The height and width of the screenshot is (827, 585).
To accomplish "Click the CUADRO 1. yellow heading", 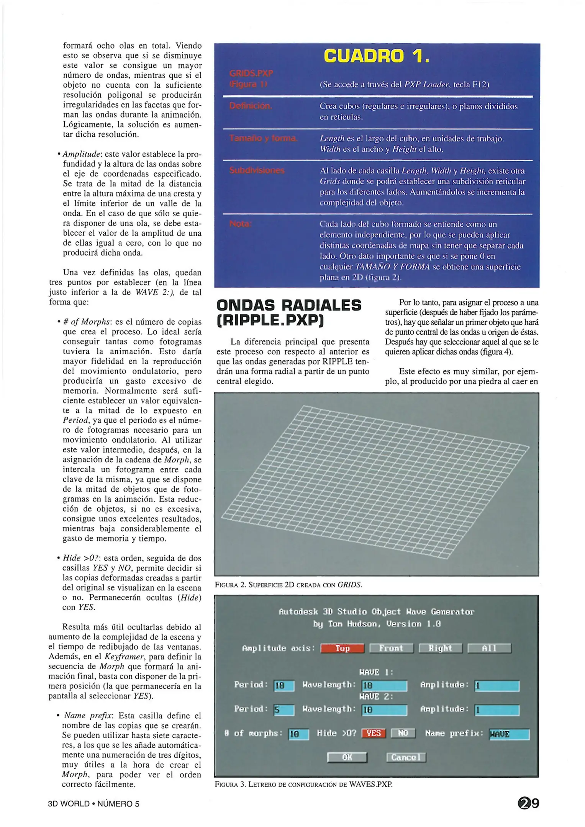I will point(376,56).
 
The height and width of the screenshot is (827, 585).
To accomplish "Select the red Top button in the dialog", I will point(342,648).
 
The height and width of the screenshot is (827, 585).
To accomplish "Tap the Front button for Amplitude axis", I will point(391,648).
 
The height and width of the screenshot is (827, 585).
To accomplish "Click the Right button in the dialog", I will point(440,648).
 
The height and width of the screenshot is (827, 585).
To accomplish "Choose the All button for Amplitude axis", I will point(489,648).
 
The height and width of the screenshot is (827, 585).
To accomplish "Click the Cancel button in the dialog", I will point(406,757).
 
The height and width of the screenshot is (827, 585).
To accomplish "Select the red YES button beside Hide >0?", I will point(373,733).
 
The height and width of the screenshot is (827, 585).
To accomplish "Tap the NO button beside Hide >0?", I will point(403,733).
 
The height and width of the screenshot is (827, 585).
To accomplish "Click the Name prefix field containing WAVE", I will point(509,734).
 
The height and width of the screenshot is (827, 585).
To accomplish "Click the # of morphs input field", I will point(298,734).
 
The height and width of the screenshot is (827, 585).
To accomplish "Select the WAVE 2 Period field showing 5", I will point(284,710).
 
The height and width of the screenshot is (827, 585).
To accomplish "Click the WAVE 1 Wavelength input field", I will point(384,685).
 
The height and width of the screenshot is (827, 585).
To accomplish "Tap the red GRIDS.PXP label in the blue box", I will point(251,73).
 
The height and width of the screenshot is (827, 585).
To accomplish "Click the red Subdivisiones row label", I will point(257,170).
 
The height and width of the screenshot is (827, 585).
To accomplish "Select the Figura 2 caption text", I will point(288,585).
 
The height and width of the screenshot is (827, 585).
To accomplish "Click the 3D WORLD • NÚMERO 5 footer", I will point(93,804).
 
